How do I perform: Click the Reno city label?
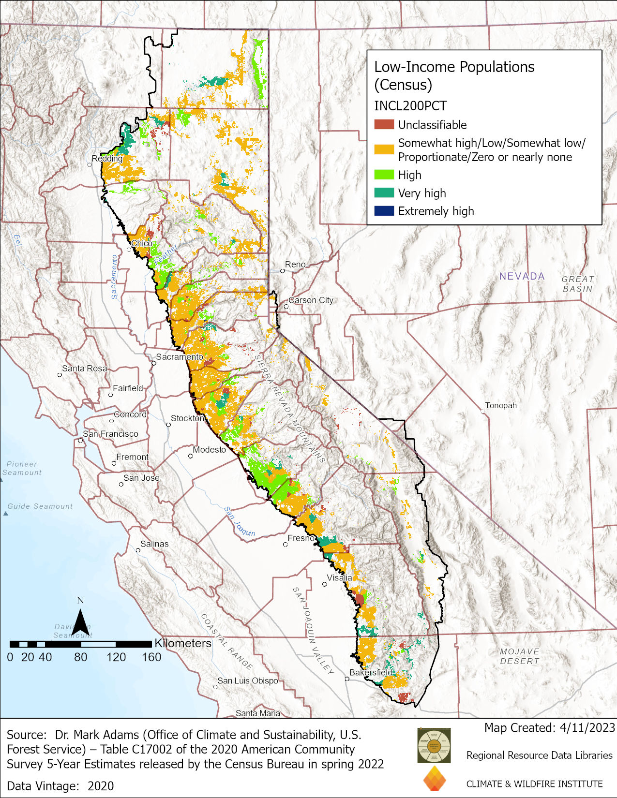click(x=295, y=265)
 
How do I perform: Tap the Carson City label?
click(x=311, y=300)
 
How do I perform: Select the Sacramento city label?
click(x=180, y=357)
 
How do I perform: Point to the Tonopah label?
click(x=501, y=405)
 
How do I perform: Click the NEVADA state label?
click(x=522, y=276)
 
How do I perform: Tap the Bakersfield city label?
click(x=371, y=672)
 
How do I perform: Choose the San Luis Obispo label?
click(x=248, y=680)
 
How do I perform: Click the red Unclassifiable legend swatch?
click(x=384, y=125)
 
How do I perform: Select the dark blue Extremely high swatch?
click(x=384, y=211)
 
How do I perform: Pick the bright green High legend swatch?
click(x=384, y=175)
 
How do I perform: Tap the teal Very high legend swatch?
click(x=384, y=193)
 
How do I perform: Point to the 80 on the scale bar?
click(x=80, y=657)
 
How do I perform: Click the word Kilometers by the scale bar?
click(x=183, y=643)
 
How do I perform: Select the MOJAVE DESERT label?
click(x=519, y=656)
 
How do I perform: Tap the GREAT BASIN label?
click(x=577, y=284)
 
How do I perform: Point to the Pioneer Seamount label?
click(x=22, y=468)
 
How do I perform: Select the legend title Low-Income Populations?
click(x=454, y=67)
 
